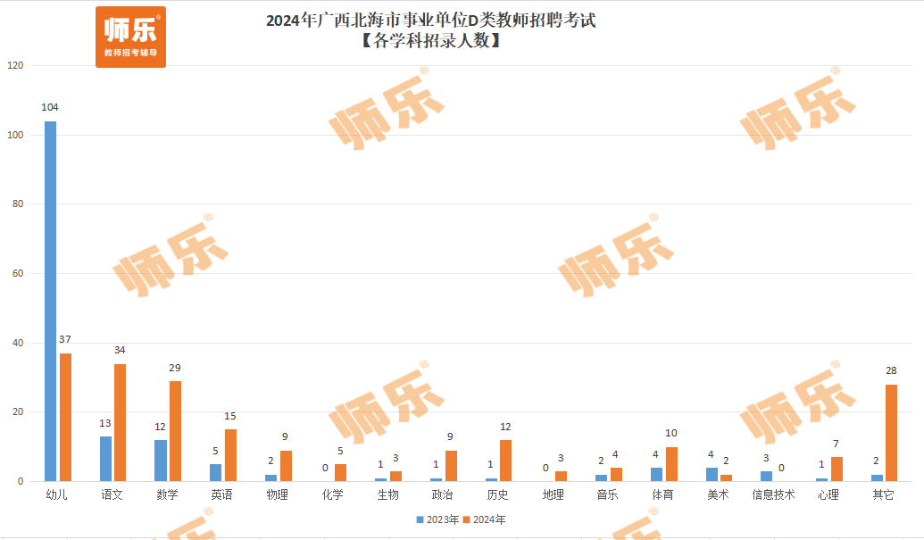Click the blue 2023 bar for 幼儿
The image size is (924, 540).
pos(51,301)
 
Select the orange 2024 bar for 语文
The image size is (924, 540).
pos(120,422)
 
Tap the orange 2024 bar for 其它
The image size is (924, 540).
pos(891,433)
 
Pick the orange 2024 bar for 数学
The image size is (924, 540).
pos(175,431)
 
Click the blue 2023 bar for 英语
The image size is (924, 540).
pos(215,472)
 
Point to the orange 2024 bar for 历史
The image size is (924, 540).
pos(505,461)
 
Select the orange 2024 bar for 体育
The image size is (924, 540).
pos(671,464)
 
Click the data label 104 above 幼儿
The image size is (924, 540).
pos(50,107)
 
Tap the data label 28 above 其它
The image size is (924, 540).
pos(891,370)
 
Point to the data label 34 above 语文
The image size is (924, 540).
pos(120,350)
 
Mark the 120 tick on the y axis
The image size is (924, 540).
pos(16,66)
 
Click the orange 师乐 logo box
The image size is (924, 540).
pos(130,37)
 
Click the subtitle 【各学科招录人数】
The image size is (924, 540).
pos(429,40)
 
